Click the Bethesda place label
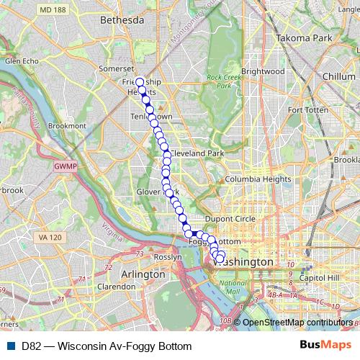[x=124, y=22]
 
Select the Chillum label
[x=341, y=76]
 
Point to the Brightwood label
[x=263, y=71]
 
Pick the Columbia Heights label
[x=257, y=179]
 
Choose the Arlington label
[x=144, y=275]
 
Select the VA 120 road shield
[x=49, y=237]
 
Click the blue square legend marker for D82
[x=11, y=346]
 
